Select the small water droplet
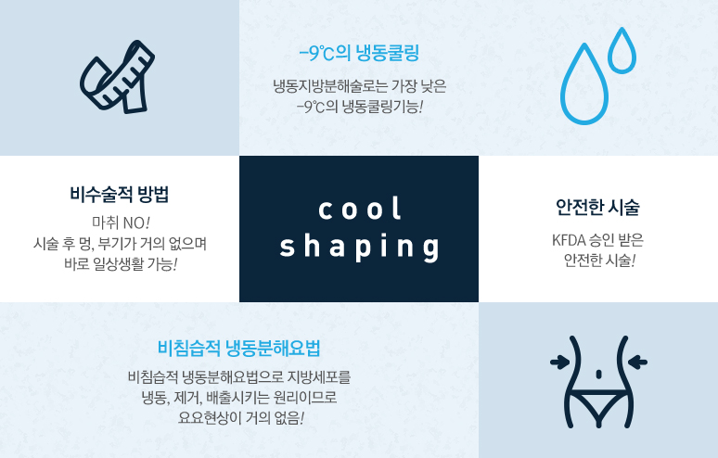click(x=622, y=51)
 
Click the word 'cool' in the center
click(x=360, y=210)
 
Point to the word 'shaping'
click(x=359, y=247)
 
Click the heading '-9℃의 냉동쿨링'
click(x=359, y=53)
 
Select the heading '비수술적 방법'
click(x=119, y=194)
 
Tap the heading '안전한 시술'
click(x=597, y=207)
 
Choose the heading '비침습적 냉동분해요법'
click(x=239, y=349)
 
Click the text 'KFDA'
click(x=569, y=240)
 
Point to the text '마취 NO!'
click(x=121, y=223)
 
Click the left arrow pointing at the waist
click(x=560, y=363)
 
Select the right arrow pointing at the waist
click(x=637, y=363)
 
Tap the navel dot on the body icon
click(x=598, y=375)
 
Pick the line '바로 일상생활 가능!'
click(x=121, y=264)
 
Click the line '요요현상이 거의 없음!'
click(x=241, y=418)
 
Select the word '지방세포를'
click(x=319, y=377)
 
